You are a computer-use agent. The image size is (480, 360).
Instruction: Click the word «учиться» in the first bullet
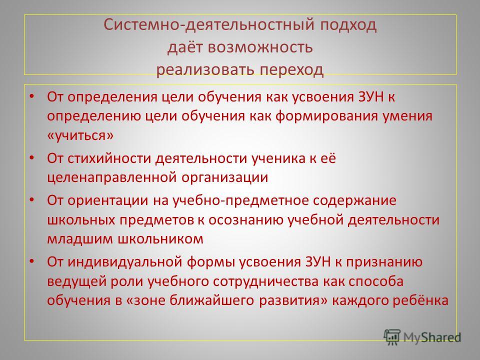click(80, 135)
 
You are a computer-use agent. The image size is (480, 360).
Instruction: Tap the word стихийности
click(109, 158)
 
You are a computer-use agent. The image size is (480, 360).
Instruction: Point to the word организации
click(224, 177)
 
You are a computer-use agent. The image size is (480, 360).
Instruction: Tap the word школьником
click(160, 239)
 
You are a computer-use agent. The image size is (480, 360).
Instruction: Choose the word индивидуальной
click(125, 262)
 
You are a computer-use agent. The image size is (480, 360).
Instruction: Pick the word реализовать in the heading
click(205, 70)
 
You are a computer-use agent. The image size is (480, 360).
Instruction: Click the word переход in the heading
click(291, 70)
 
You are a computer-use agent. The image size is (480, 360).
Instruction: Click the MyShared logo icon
click(392, 337)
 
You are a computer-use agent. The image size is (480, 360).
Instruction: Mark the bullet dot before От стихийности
click(31, 158)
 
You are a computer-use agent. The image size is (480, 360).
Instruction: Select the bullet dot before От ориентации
click(31, 200)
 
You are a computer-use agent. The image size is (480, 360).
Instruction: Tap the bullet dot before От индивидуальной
click(31, 261)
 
